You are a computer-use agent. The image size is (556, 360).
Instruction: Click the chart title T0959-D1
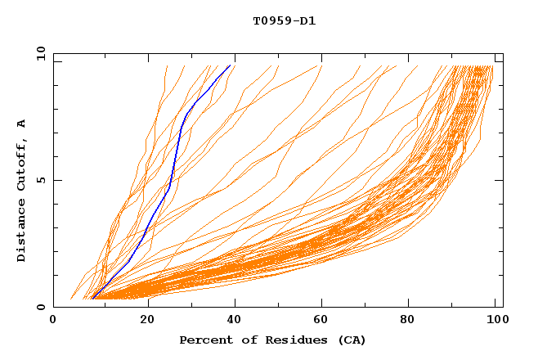click(284, 20)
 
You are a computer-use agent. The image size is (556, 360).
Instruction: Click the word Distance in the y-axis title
click(21, 231)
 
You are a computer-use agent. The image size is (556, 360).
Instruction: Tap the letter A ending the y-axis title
click(21, 123)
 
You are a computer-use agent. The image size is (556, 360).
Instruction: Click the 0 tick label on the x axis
click(54, 321)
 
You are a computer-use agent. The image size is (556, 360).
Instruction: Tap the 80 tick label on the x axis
click(413, 321)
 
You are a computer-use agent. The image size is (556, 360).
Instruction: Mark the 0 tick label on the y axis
click(40, 307)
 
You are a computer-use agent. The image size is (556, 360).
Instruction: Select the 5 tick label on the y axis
click(40, 180)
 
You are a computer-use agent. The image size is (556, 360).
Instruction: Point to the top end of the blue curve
click(231, 65)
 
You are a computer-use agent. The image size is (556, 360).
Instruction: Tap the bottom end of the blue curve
click(93, 299)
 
